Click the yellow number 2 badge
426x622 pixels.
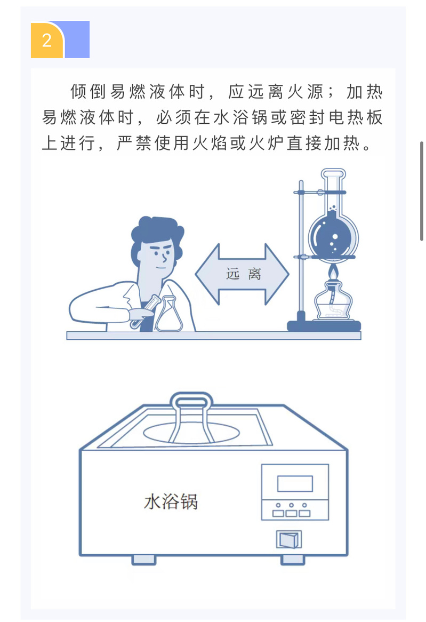point(47,40)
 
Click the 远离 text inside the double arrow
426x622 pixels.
point(244,274)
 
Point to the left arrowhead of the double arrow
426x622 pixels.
point(207,274)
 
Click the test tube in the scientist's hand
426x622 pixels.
point(143,312)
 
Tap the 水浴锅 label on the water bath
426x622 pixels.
point(171,501)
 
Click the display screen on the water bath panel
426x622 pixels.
point(295,483)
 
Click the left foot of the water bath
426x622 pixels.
point(143,560)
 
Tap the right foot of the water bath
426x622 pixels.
point(293,560)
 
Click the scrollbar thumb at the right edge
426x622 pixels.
point(422,191)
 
